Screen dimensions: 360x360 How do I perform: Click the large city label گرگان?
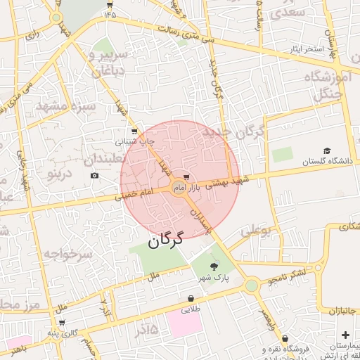click(165, 239)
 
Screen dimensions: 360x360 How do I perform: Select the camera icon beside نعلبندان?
click(94, 174)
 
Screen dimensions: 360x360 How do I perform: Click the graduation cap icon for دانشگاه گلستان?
click(326, 151)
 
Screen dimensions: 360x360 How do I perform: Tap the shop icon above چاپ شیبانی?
click(134, 131)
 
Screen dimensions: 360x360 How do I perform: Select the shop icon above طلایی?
click(191, 298)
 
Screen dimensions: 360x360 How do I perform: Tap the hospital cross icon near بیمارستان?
click(345, 335)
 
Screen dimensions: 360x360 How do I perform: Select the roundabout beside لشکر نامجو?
click(252, 285)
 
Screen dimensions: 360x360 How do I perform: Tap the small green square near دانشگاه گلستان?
click(282, 155)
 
